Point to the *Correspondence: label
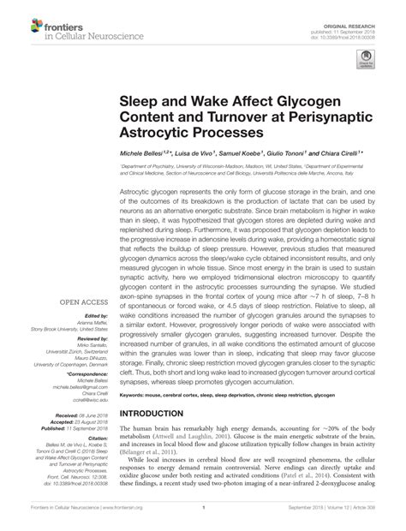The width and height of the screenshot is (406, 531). [x=82, y=375]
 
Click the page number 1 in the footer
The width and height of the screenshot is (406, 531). [x=203, y=519]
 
